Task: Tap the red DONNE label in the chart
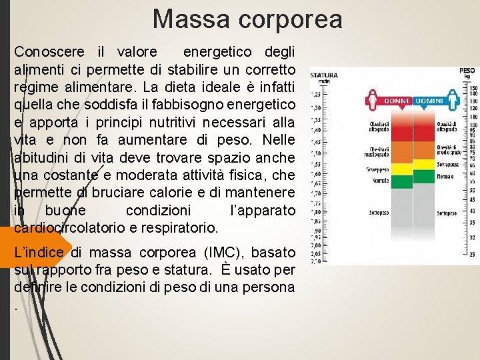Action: (397, 101)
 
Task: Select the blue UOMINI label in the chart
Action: (431, 101)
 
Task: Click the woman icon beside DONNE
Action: (372, 100)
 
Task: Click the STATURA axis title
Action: (325, 75)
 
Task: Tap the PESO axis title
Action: (467, 70)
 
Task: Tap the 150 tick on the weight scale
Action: (473, 87)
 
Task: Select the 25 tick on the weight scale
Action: (473, 255)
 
